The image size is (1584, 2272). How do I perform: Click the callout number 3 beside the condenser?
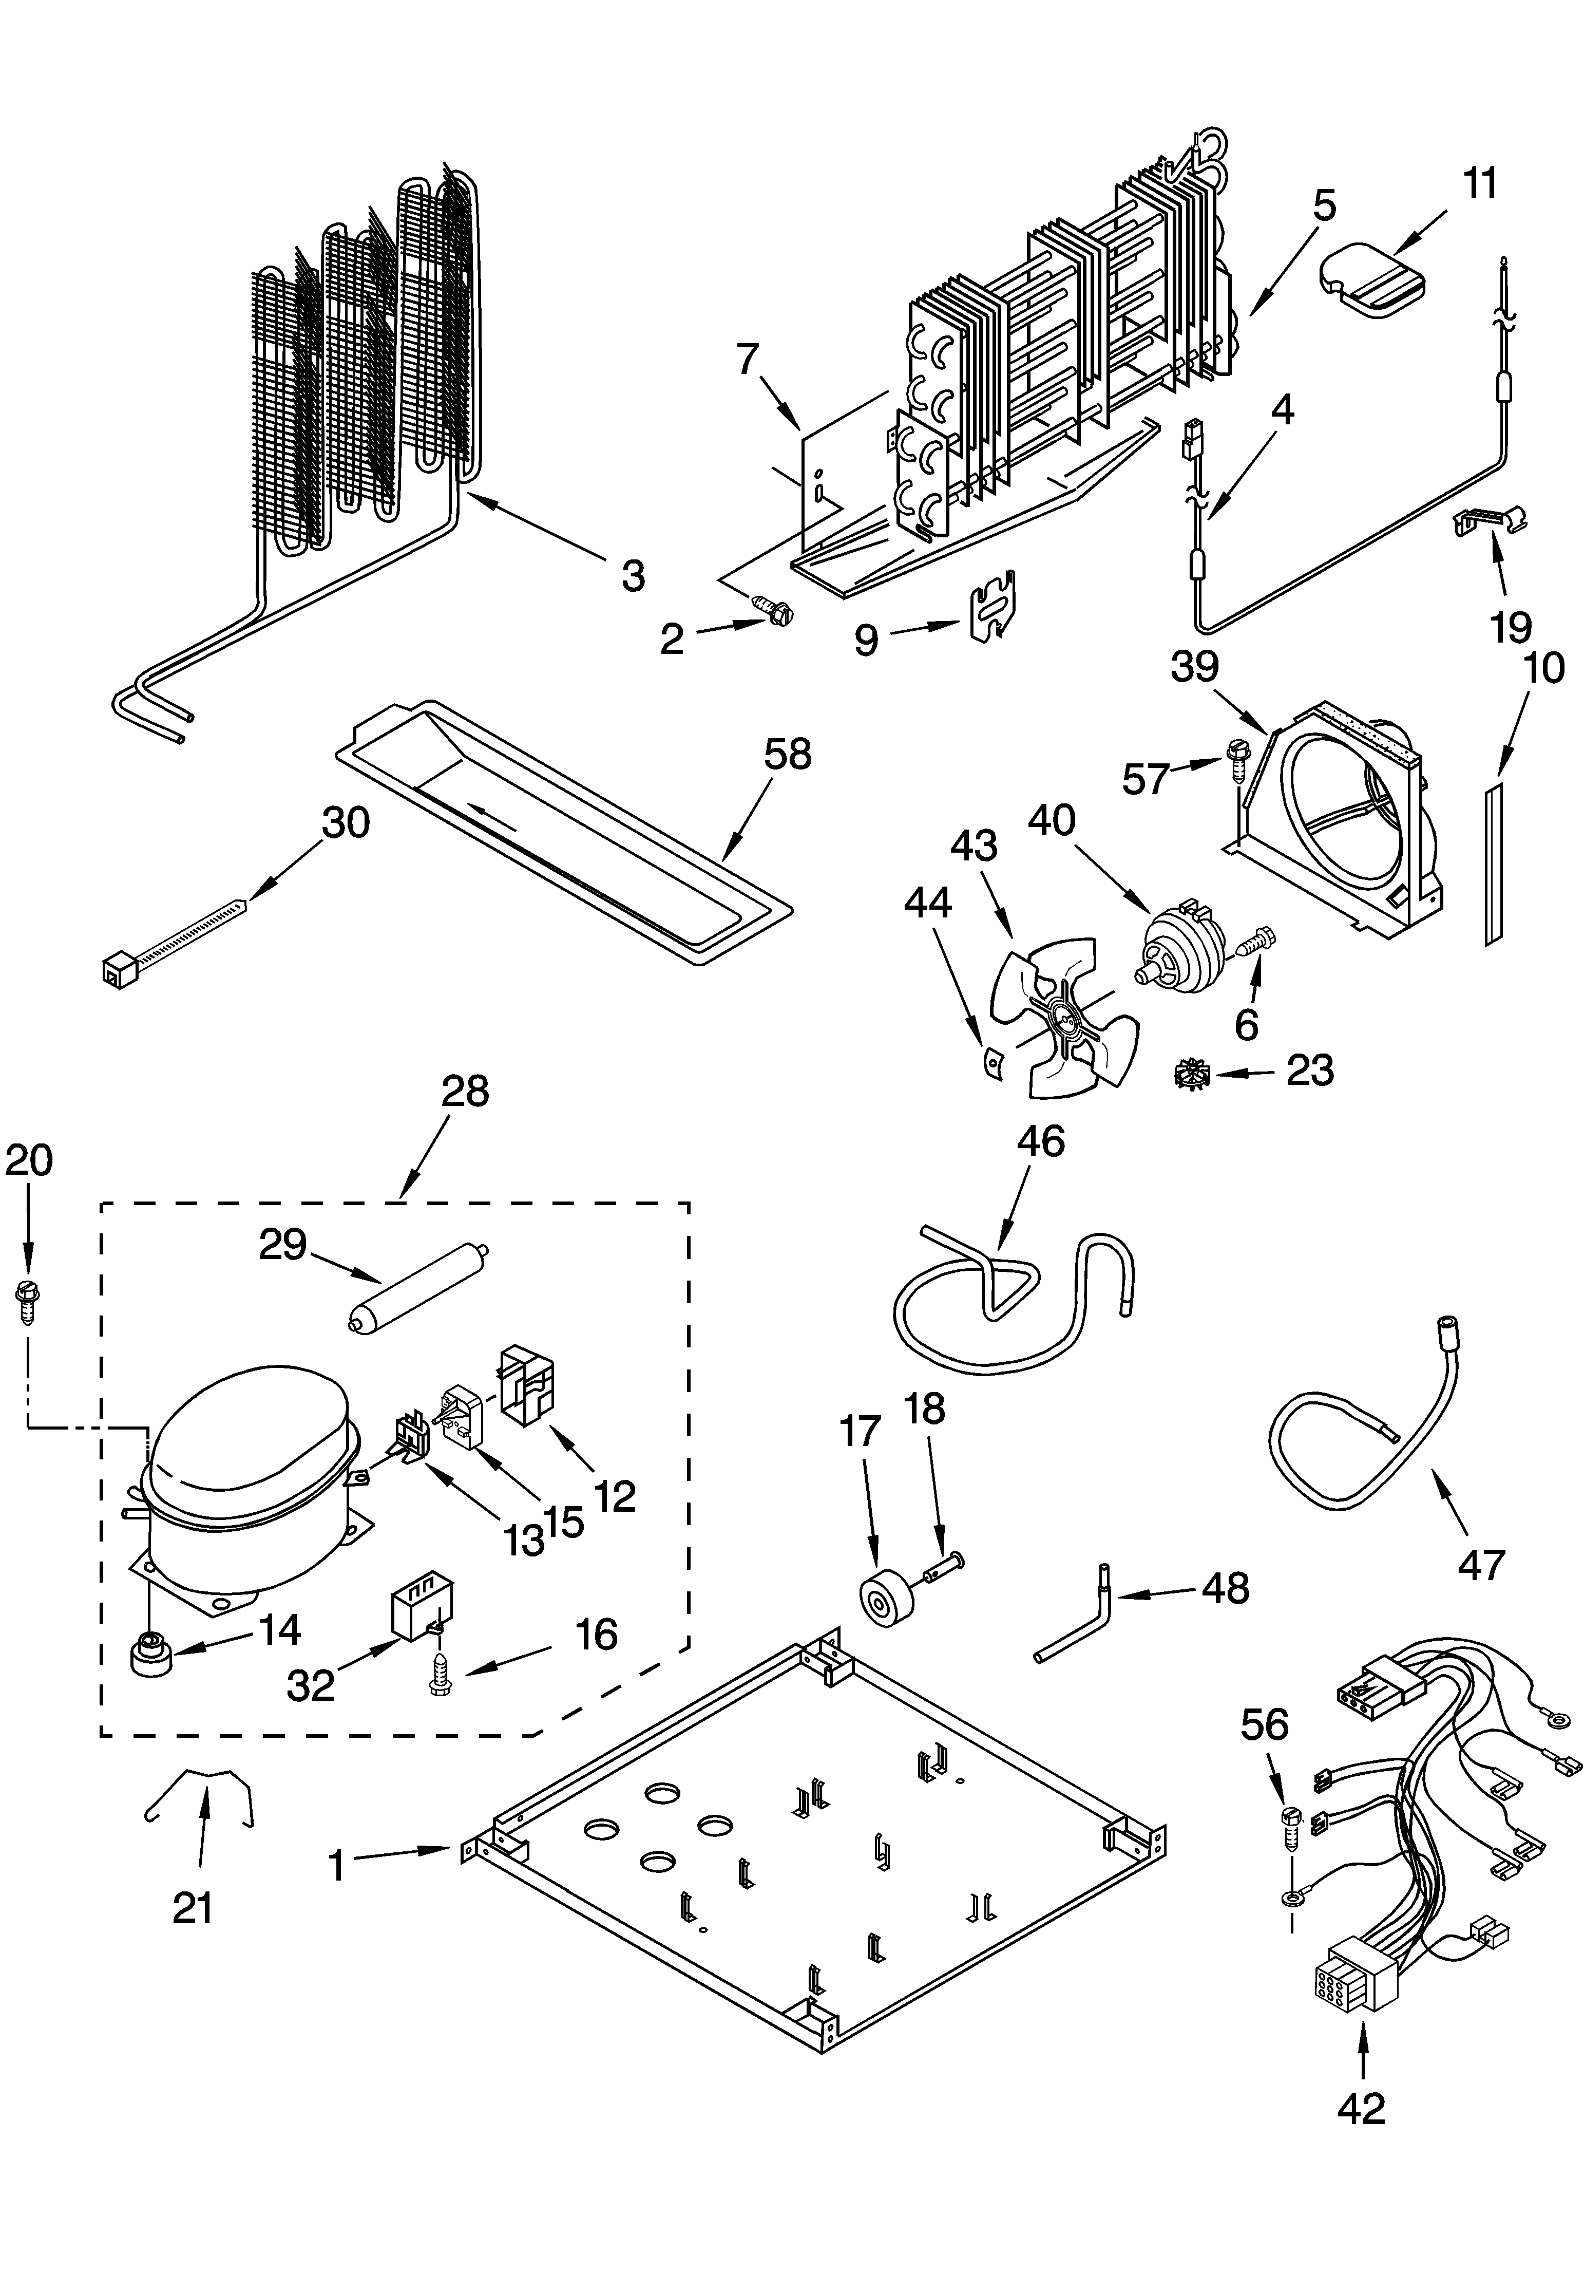[633, 576]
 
